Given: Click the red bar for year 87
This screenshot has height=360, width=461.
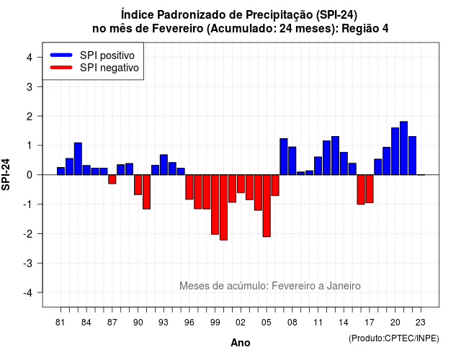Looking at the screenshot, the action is tap(112, 179).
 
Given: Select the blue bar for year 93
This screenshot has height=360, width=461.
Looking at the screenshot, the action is tap(164, 165).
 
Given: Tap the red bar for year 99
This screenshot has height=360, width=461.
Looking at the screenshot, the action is tap(215, 204).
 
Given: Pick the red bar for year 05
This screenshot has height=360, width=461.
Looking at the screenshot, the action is tap(267, 206).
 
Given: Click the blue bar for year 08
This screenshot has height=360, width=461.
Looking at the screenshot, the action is tap(292, 161).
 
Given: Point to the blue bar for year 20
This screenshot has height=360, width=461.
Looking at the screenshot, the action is tap(395, 151).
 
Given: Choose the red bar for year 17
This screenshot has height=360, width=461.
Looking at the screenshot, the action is tap(370, 189).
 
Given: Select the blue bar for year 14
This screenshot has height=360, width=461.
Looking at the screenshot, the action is tap(344, 163).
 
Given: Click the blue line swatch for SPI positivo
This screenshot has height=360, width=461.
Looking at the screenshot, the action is tap(61, 55).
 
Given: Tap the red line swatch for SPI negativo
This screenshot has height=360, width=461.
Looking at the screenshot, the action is tap(61, 67).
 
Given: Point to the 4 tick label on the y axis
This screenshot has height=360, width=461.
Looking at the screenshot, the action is tap(30, 58).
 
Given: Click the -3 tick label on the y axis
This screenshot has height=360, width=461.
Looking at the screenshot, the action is tap(28, 263).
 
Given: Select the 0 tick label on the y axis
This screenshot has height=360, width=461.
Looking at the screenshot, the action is tap(30, 175).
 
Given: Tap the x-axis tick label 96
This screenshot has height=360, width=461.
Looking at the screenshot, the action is tap(189, 323).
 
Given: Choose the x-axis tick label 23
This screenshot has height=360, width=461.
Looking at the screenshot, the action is tap(421, 323).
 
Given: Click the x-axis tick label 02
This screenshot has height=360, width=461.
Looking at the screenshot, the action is tap(241, 323).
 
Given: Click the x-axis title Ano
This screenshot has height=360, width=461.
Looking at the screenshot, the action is tap(241, 343).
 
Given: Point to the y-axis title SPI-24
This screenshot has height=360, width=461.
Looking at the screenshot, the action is tap(6, 174).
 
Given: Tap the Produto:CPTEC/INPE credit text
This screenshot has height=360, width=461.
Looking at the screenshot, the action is tap(394, 338).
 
